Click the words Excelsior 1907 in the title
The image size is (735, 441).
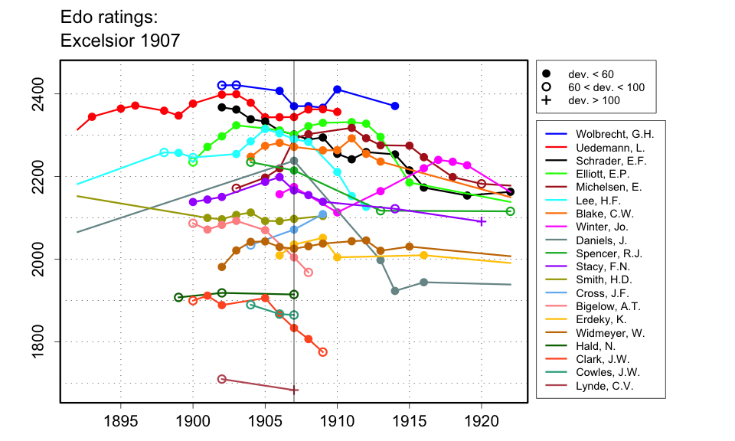pyautogui.click(x=120, y=41)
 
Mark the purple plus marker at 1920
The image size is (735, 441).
pyautogui.click(x=482, y=221)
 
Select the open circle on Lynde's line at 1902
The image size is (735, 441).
pyautogui.click(x=222, y=379)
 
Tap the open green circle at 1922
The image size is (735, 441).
pyautogui.click(x=511, y=211)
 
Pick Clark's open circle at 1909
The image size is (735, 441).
pyautogui.click(x=322, y=352)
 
